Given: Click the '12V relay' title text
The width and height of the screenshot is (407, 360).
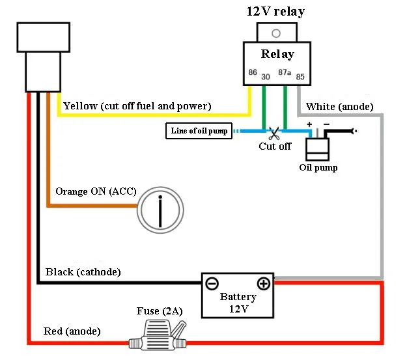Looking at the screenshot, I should tap(275, 11).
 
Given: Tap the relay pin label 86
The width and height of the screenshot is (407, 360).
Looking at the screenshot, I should tap(253, 72).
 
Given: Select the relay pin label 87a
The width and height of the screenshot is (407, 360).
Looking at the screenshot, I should tap(285, 72).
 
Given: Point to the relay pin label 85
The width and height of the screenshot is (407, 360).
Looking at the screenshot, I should tap(300, 77).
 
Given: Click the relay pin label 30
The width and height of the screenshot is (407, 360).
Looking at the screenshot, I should tap(266, 77).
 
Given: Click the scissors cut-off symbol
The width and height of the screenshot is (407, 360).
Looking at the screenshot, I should tap(274, 133).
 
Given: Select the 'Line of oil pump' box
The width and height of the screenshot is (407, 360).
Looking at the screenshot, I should tap(199, 131).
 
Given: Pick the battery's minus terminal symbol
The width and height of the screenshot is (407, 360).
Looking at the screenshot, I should tap(212, 284).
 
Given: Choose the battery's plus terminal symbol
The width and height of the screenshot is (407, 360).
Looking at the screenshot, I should tap(263, 284).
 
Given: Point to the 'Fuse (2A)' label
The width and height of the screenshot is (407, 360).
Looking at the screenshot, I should tap(160, 311).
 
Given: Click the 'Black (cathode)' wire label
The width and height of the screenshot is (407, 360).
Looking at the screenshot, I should tap(83, 271).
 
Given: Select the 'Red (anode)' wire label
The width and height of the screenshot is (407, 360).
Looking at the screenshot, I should tap(72, 331).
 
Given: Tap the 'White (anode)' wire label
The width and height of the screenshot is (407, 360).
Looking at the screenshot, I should tap(339, 106).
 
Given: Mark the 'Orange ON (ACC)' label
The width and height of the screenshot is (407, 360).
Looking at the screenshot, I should tap(94, 191).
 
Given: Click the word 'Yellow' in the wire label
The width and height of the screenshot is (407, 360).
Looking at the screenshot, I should tap(80, 105).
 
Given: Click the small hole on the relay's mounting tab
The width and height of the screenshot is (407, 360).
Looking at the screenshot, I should tap(275, 33).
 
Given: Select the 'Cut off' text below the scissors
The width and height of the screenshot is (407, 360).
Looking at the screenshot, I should tap(275, 146).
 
